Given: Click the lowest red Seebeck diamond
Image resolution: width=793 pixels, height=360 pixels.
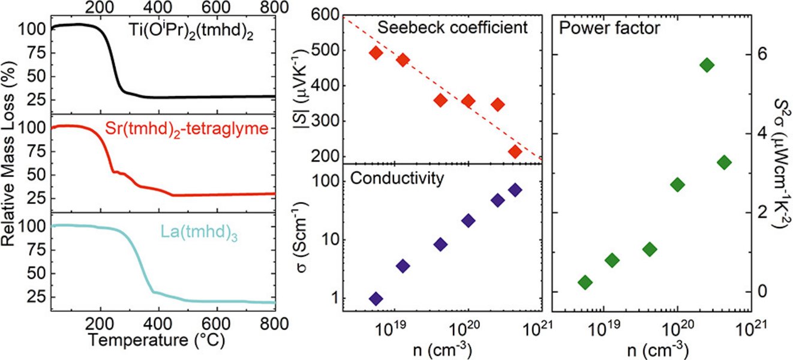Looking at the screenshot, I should pos(515,152).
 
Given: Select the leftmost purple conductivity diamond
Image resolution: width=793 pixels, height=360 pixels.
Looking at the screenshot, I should pos(376,298).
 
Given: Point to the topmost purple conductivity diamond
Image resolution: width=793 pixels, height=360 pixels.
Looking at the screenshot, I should pos(515,190).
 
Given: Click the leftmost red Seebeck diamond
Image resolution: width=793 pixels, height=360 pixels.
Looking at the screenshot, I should pos(376,53).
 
